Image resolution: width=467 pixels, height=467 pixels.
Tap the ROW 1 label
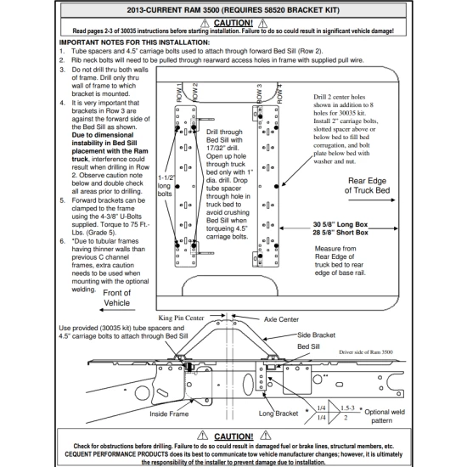coord(179,93)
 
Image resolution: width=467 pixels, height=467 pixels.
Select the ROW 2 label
coord(196,93)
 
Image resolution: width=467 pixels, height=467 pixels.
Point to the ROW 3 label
coord(259,93)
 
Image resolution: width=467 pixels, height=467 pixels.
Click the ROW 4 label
coord(276,93)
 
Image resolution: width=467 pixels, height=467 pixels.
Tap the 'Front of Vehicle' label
coord(117,298)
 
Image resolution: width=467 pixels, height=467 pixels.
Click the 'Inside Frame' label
coord(171,414)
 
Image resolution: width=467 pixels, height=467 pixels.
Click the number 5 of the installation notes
coord(63,200)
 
